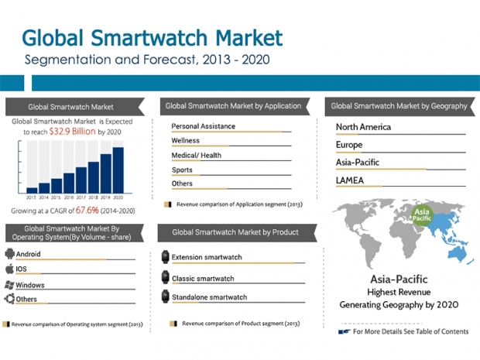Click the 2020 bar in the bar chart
118,170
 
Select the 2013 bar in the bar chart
32,189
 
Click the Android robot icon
10,254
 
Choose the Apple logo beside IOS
10,269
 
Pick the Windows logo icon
10,284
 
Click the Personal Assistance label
203,126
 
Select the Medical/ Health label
196,155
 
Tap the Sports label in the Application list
182,170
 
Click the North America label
363,127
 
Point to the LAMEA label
350,180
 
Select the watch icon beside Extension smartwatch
165,257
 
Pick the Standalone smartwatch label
209,297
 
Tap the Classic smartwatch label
204,277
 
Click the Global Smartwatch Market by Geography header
399,106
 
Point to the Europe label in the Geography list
349,145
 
